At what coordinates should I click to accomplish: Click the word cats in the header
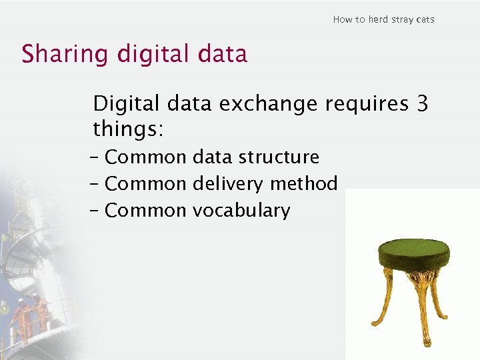(425, 19)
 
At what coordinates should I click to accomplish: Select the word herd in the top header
(377, 19)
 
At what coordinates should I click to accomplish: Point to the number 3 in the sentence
(421, 103)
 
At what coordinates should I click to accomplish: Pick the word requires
(366, 104)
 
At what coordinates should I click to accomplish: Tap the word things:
(128, 128)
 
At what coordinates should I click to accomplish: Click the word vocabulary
(241, 211)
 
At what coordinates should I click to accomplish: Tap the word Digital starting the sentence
(126, 104)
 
